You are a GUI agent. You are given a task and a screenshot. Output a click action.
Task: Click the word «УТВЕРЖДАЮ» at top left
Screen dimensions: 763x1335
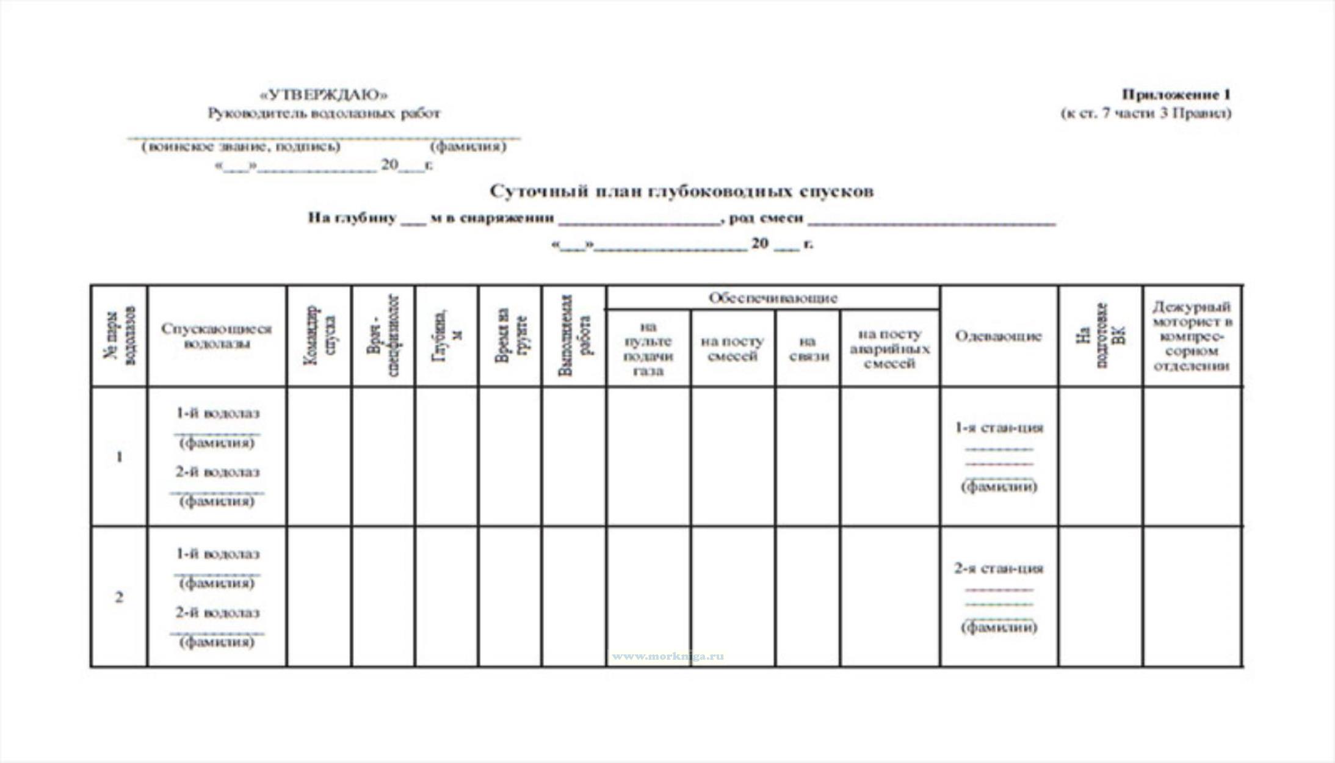coord(324,95)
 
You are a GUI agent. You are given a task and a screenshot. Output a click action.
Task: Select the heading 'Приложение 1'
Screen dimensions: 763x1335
coord(1176,95)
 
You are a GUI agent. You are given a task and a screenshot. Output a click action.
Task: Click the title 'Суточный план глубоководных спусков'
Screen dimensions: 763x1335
coord(681,191)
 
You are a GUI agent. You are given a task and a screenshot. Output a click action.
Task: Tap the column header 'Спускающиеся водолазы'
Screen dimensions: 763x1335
coord(216,336)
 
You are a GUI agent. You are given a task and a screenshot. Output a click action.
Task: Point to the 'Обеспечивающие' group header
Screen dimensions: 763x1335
coord(772,298)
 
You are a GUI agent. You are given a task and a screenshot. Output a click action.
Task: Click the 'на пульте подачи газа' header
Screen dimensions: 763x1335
coord(648,349)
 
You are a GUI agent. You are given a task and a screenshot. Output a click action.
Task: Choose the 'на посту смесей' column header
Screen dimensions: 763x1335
coord(733,349)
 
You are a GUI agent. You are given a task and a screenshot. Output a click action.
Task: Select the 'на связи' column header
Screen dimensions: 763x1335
coord(808,349)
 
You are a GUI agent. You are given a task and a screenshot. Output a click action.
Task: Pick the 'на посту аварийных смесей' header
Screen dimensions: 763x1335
coord(889,349)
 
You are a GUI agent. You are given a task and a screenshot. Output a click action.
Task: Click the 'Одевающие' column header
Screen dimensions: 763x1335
coord(998,336)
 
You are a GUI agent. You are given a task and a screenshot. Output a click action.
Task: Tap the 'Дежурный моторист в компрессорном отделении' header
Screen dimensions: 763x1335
coord(1192,336)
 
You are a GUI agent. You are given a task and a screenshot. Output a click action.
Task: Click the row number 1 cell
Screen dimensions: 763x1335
coord(119,457)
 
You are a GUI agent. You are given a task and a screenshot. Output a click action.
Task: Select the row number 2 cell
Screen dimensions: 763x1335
coord(119,597)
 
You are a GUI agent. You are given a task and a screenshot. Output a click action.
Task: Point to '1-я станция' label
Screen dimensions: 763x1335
coord(999,427)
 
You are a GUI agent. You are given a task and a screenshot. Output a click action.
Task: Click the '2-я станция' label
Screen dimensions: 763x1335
coord(999,568)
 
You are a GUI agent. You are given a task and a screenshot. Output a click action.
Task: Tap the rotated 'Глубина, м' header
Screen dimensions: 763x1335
coord(447,336)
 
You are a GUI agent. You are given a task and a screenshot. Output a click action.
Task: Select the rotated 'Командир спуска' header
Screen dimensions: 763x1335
coord(319,336)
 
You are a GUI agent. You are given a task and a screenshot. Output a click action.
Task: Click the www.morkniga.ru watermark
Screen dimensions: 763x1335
coord(668,657)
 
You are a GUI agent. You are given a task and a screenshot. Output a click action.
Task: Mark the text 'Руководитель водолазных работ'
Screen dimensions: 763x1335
coord(324,113)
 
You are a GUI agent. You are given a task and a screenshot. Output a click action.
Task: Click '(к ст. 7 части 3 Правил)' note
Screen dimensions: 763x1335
coord(1145,113)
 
